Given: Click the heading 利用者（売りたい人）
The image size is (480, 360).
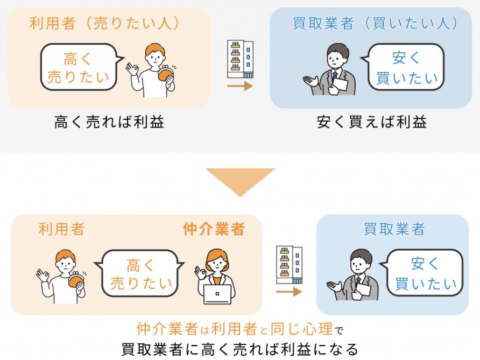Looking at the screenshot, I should [104, 23].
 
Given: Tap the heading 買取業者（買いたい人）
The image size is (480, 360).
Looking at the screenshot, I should [375, 23].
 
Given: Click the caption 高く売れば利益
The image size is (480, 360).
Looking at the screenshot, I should [109, 122].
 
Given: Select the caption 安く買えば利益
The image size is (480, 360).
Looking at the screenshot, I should [372, 122].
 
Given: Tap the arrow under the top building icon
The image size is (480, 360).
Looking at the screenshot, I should [240, 86].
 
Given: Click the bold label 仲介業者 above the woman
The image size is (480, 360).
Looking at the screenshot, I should [214, 229].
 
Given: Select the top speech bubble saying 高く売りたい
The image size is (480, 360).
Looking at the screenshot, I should [79, 67].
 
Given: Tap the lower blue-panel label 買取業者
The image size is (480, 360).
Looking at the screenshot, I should [394, 229].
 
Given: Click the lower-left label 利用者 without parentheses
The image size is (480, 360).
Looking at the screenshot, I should [61, 229].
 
